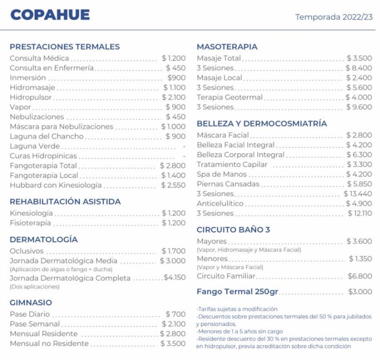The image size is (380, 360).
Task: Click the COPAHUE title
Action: click(x=50, y=15)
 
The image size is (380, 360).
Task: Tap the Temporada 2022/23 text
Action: click(x=333, y=17)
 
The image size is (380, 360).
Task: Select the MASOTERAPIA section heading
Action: click(x=227, y=47)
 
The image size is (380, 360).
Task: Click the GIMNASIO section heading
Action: click(x=31, y=302)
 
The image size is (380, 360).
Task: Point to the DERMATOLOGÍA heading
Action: click(x=44, y=239)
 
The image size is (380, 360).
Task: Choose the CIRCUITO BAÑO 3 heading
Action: click(x=233, y=230)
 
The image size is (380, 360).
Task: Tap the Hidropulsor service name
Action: click(x=31, y=97)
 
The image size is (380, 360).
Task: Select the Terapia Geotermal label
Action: click(x=229, y=97)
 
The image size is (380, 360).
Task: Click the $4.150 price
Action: click(x=174, y=277)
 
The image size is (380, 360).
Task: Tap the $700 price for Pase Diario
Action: click(x=175, y=314)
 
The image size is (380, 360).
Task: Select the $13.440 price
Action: click(x=357, y=194)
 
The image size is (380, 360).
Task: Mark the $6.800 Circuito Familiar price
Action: click(x=359, y=276)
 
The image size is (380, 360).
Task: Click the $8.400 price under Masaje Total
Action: click(x=358, y=68)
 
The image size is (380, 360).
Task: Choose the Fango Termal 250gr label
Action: click(x=237, y=291)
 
